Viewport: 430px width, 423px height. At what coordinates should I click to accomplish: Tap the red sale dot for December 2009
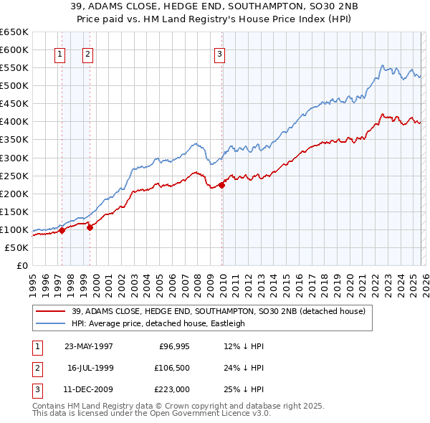pos(222,185)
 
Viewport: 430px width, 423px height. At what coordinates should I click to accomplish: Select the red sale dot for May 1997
pos(62,230)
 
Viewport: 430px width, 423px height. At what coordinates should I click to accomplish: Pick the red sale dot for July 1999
pos(90,227)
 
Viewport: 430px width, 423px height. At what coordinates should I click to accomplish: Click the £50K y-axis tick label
pos(16,247)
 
